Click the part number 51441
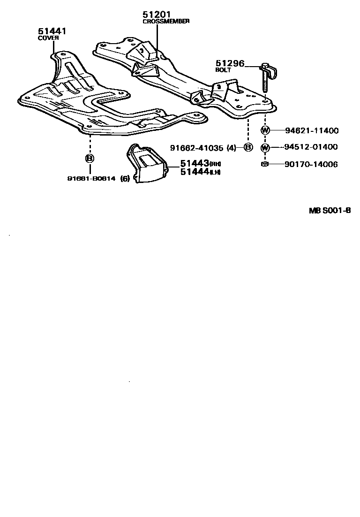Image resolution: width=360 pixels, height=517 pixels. (52, 31)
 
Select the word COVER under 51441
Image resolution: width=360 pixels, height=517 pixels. (47, 38)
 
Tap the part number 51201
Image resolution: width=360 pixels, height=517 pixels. (157, 15)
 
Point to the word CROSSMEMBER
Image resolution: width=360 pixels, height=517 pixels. (166, 22)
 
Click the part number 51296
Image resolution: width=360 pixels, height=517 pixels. (230, 63)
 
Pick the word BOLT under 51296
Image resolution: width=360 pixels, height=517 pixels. (223, 70)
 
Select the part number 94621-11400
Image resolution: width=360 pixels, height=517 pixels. (311, 131)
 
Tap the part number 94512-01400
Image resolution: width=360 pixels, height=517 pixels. (311, 147)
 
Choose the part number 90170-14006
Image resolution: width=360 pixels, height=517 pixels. (311, 164)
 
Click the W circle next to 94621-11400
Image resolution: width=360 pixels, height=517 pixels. (265, 131)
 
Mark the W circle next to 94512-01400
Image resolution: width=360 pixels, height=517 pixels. (265, 147)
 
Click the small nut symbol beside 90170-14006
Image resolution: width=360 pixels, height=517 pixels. (265, 164)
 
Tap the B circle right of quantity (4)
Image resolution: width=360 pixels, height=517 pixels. (248, 148)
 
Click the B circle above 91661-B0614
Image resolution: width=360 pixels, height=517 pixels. (89, 158)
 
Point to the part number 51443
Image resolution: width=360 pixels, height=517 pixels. (194, 164)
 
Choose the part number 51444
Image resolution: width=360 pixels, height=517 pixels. (194, 172)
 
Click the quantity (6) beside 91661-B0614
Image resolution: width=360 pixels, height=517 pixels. (125, 178)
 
